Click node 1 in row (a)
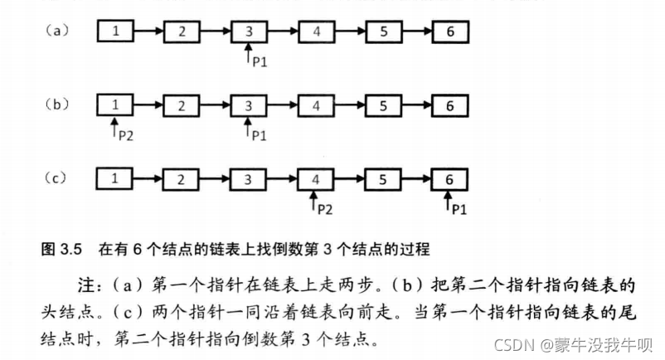coord(115,32)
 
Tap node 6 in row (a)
coord(450,32)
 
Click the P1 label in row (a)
coord(259,62)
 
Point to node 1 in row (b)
coord(115,105)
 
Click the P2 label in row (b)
coord(124,135)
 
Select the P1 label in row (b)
coord(259,134)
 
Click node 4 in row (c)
coord(316,178)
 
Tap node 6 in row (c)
coord(450,178)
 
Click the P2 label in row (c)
coord(325,207)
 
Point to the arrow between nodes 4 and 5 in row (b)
coord(350,105)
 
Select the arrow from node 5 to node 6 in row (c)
coord(417,178)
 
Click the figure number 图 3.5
coord(63,248)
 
